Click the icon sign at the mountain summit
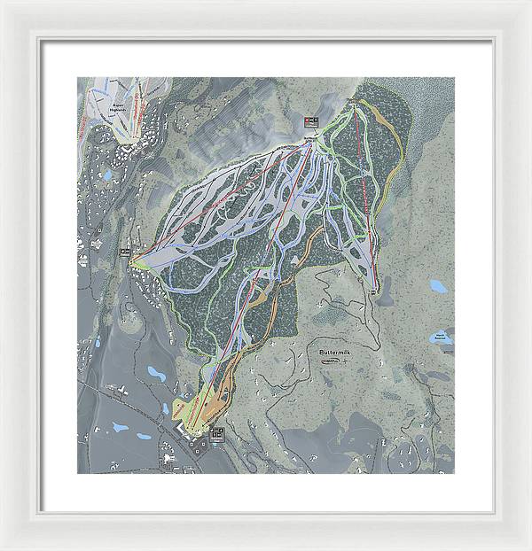pyautogui.click(x=309, y=121)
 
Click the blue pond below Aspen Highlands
pyautogui.click(x=107, y=175)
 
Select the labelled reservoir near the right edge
pyautogui.click(x=440, y=338)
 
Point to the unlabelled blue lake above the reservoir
pyautogui.click(x=438, y=286)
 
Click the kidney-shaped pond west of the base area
pyautogui.click(x=158, y=373)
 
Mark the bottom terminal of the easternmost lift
pyautogui.click(x=375, y=286)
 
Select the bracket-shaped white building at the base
pyautogui.click(x=184, y=428)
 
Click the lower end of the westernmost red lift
pyautogui.click(x=135, y=262)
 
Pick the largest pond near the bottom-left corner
pyautogui.click(x=120, y=427)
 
